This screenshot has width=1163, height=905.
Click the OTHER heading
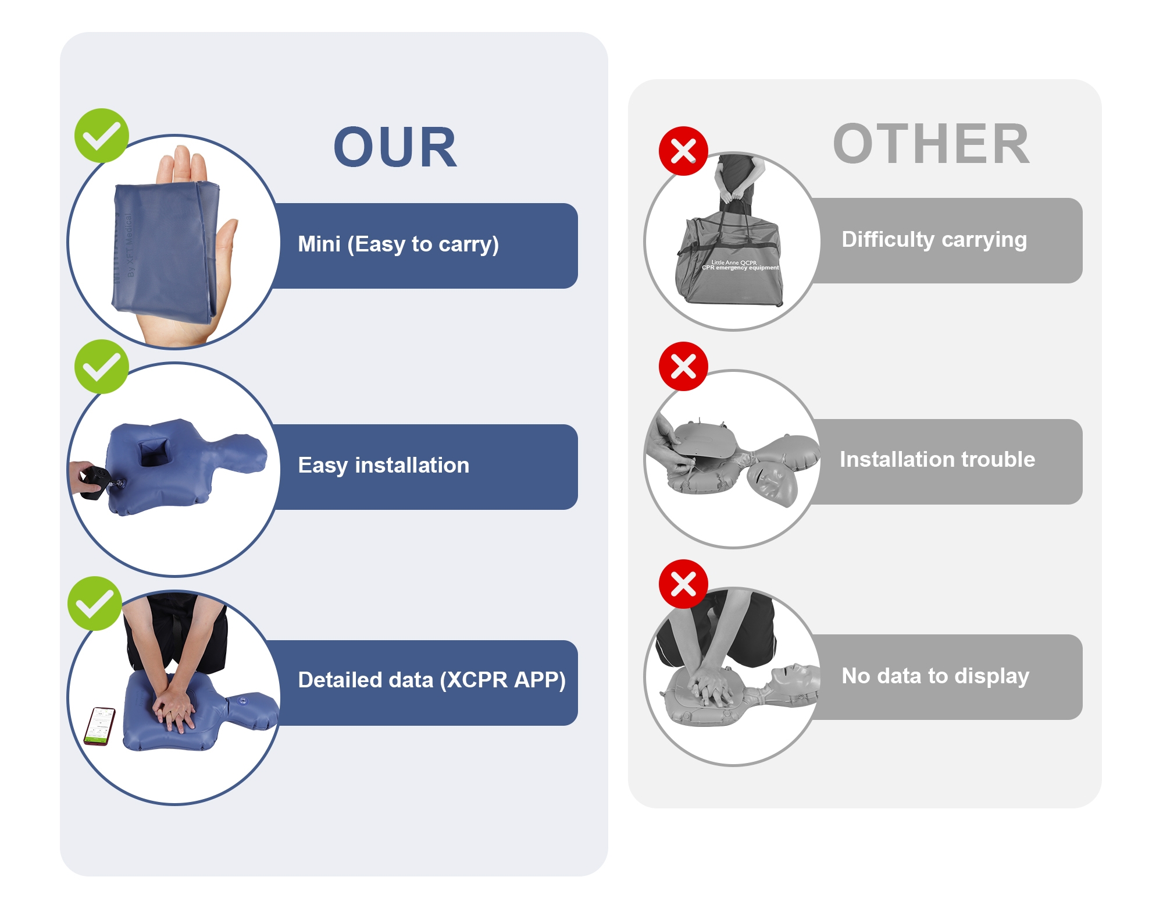click(x=931, y=144)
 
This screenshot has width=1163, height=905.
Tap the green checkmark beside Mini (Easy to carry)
click(x=101, y=136)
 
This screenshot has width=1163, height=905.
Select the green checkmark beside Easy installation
click(x=101, y=367)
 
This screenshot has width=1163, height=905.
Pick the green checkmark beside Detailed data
click(x=94, y=604)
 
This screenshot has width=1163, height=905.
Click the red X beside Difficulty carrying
click(x=683, y=151)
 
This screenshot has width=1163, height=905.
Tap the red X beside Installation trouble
click(x=683, y=366)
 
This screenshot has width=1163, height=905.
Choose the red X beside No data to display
click(x=683, y=584)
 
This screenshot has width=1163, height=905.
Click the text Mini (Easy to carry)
click(x=398, y=244)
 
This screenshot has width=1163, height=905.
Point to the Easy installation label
click(x=383, y=466)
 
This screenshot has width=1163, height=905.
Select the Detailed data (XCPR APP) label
click(x=431, y=680)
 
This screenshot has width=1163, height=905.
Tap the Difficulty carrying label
click(x=934, y=240)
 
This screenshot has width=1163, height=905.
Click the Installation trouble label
click(x=937, y=460)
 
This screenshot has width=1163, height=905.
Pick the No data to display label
click(x=935, y=676)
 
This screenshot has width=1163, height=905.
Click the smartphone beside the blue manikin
click(x=100, y=726)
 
